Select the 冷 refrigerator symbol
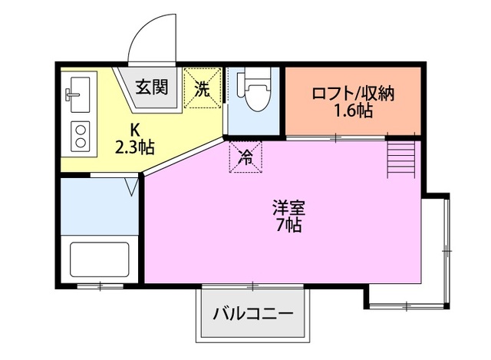(x=245, y=157)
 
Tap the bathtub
(x=100, y=262)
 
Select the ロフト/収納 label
(x=353, y=94)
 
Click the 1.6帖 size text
(x=353, y=112)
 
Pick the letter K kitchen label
(x=134, y=128)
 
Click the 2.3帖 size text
(x=134, y=146)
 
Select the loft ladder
(x=401, y=157)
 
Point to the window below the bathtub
(x=100, y=286)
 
